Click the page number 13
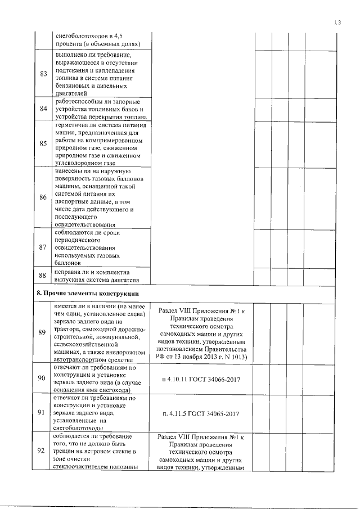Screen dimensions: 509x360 [337, 22]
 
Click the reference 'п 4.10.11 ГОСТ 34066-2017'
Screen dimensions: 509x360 [201, 379]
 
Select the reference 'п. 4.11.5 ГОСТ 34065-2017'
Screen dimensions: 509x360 [201, 413]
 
